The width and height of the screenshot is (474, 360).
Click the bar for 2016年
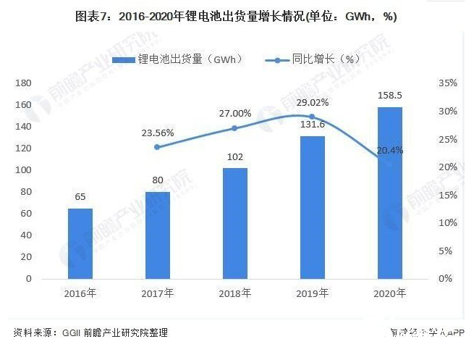click(80, 243)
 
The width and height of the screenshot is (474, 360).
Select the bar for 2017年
click(158, 235)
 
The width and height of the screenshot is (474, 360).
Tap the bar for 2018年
click(235, 223)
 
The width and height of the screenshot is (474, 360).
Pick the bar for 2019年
click(313, 207)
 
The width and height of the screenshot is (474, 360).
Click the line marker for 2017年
click(158, 147)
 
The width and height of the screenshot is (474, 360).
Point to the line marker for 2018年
click(235, 128)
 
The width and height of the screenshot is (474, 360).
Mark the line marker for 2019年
click(313, 117)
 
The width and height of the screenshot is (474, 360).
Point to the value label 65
click(80, 196)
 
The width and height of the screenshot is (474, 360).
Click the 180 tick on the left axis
click(24, 83)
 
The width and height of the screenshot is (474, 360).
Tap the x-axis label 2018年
click(235, 293)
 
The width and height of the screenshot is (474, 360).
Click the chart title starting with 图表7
click(237, 16)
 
